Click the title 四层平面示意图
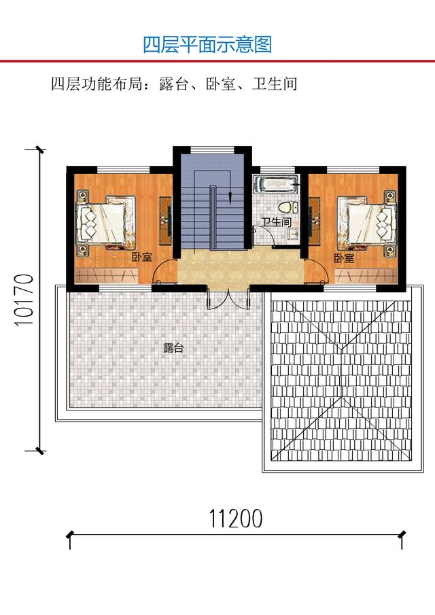207,45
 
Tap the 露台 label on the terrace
173,348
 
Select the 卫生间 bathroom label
277,222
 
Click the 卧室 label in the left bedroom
141,258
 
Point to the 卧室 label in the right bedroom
344,258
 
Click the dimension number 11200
235,519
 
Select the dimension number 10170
24,300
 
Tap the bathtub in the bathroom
276,184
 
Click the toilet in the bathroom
286,207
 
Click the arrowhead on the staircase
230,198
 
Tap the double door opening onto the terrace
228,299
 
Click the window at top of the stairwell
212,150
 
